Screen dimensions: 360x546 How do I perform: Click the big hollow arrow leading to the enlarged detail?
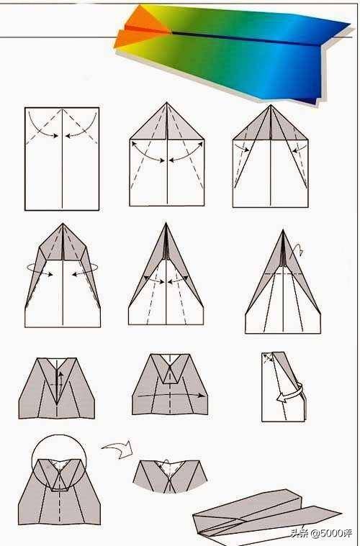118,449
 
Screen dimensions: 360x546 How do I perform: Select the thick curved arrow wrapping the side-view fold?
291,393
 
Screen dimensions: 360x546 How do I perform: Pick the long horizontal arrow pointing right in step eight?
171,395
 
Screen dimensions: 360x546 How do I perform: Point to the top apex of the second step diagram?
166,102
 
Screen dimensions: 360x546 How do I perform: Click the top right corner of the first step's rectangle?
99,108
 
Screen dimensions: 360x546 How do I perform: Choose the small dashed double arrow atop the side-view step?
268,359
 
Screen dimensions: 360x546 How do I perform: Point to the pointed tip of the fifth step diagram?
166,223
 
